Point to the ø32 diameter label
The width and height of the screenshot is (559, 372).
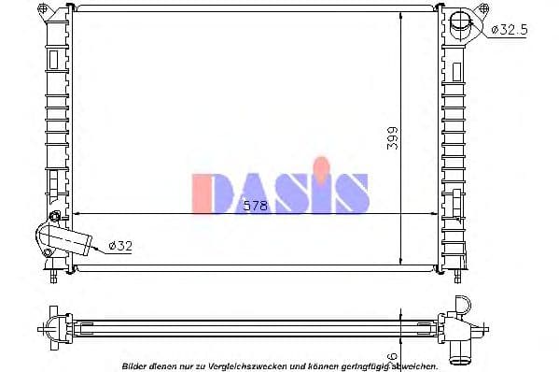(119, 246)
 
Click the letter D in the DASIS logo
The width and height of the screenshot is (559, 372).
(207, 192)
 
